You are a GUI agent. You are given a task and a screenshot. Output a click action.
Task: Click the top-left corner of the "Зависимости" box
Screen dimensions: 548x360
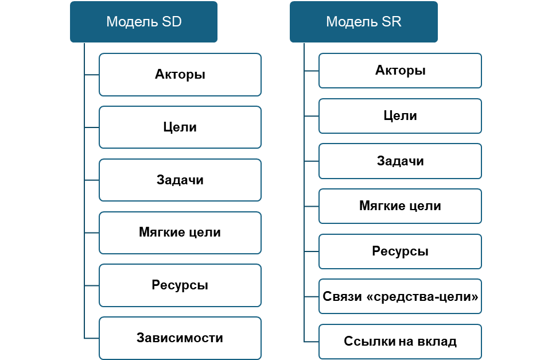coord(100,318)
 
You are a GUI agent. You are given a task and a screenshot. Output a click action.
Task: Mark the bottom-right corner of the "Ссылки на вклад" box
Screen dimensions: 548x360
coord(481,359)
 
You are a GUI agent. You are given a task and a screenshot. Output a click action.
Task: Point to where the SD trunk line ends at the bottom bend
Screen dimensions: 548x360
coord(84,338)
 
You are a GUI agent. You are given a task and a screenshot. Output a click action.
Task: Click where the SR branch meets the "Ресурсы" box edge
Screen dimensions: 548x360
coord(319,251)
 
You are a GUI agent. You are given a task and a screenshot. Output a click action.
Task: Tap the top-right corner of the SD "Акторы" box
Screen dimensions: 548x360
coord(261,54)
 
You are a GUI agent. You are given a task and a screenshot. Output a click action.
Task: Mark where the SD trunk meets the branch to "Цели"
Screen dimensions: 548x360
coord(84,127)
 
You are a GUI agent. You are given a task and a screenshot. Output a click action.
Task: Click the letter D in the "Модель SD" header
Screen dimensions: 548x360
coord(177,22)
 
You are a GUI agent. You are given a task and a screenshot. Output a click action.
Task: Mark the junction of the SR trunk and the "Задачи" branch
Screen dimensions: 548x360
coord(304,161)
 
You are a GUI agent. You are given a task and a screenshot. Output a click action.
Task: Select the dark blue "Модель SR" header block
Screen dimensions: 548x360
coord(363,22)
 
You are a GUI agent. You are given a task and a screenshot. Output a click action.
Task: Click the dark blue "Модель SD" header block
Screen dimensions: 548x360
coord(143,22)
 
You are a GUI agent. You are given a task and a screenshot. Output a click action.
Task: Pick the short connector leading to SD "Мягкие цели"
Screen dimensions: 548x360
coord(92,233)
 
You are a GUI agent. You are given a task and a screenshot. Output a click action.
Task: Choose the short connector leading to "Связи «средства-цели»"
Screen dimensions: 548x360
coord(312,297)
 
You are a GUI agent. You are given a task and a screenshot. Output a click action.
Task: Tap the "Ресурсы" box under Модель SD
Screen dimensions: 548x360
coord(180,285)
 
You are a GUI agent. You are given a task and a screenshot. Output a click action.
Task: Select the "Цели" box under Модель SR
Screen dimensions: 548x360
coord(400,116)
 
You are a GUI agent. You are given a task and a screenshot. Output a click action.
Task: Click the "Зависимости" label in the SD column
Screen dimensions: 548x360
coord(180,338)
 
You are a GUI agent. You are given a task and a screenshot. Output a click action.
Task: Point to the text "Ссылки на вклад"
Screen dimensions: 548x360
coord(400,341)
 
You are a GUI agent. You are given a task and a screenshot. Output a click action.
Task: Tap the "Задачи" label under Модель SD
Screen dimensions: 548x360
coord(180,180)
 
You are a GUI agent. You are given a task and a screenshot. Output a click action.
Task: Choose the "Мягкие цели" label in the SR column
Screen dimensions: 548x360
coord(400,206)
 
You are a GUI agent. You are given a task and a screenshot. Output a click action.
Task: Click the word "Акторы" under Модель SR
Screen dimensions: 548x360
coord(400,71)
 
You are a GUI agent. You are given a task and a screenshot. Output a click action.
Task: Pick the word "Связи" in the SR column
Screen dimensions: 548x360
coord(337,296)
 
